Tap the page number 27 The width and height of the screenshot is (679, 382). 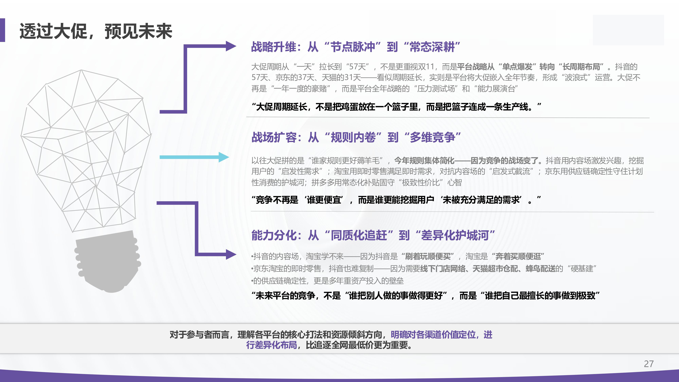coord(648,364)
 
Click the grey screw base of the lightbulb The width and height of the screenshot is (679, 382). coord(107,261)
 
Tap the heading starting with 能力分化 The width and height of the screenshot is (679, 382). coord(373,235)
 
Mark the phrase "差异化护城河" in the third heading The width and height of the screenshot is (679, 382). coord(455,235)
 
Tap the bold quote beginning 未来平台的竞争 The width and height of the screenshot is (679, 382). coord(425,296)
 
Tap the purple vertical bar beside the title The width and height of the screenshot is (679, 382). coord(2,30)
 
